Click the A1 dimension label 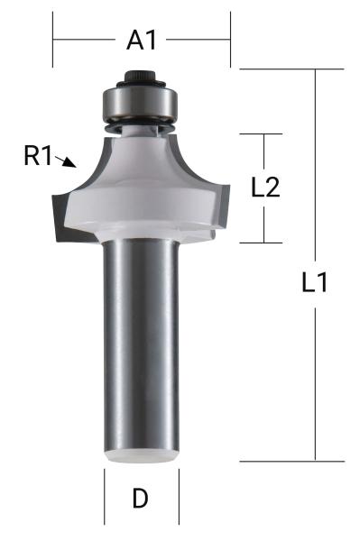tap(142, 40)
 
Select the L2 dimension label tap(265, 188)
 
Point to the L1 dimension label tap(314, 283)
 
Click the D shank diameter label tap(141, 499)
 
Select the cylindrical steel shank tap(141, 343)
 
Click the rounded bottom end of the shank tap(141, 455)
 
